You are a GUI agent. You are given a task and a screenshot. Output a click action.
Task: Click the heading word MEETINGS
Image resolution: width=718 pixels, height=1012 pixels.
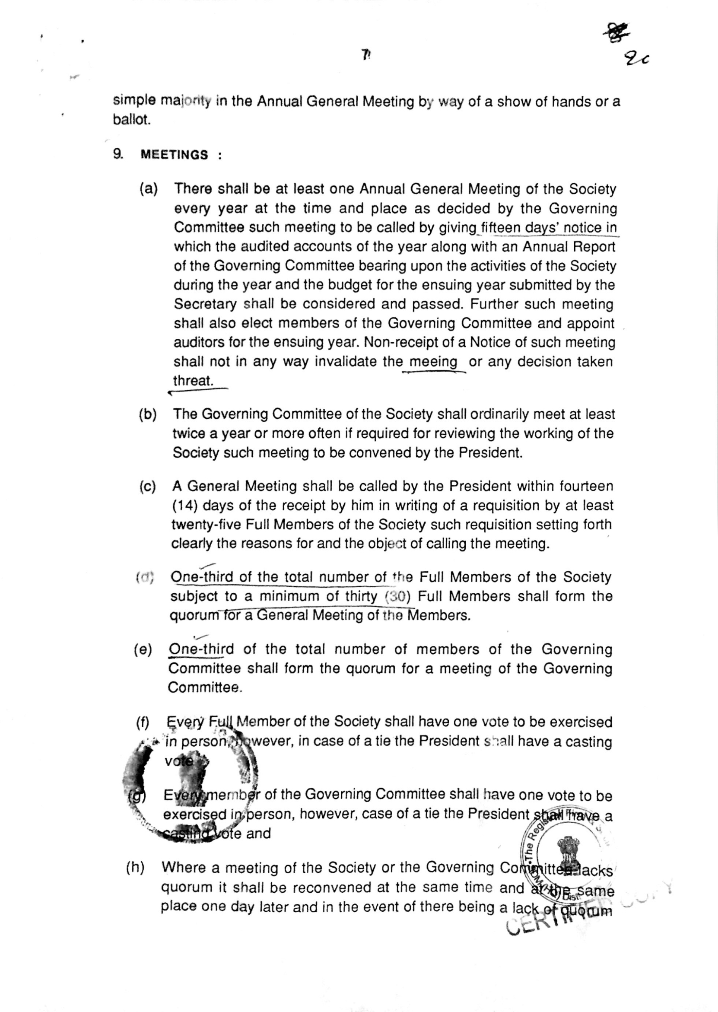tap(174, 155)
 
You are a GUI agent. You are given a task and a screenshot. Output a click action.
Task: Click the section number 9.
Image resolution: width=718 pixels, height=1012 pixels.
tap(118, 154)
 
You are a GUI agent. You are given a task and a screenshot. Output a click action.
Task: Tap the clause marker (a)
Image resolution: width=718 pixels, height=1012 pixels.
tap(149, 189)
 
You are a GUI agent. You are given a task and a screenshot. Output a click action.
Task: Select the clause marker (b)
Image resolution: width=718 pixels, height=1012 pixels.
tap(148, 414)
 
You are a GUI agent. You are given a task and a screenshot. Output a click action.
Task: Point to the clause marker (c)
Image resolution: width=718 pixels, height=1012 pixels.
tap(147, 487)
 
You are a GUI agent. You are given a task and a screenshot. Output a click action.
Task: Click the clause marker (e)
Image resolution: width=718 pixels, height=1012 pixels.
tap(143, 649)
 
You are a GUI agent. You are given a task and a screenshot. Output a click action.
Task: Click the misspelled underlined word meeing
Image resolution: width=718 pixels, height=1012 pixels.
tap(433, 362)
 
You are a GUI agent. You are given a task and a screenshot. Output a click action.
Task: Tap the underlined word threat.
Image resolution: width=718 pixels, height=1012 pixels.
tap(193, 381)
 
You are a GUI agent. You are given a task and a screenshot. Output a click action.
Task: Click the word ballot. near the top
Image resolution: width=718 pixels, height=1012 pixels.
tap(132, 120)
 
